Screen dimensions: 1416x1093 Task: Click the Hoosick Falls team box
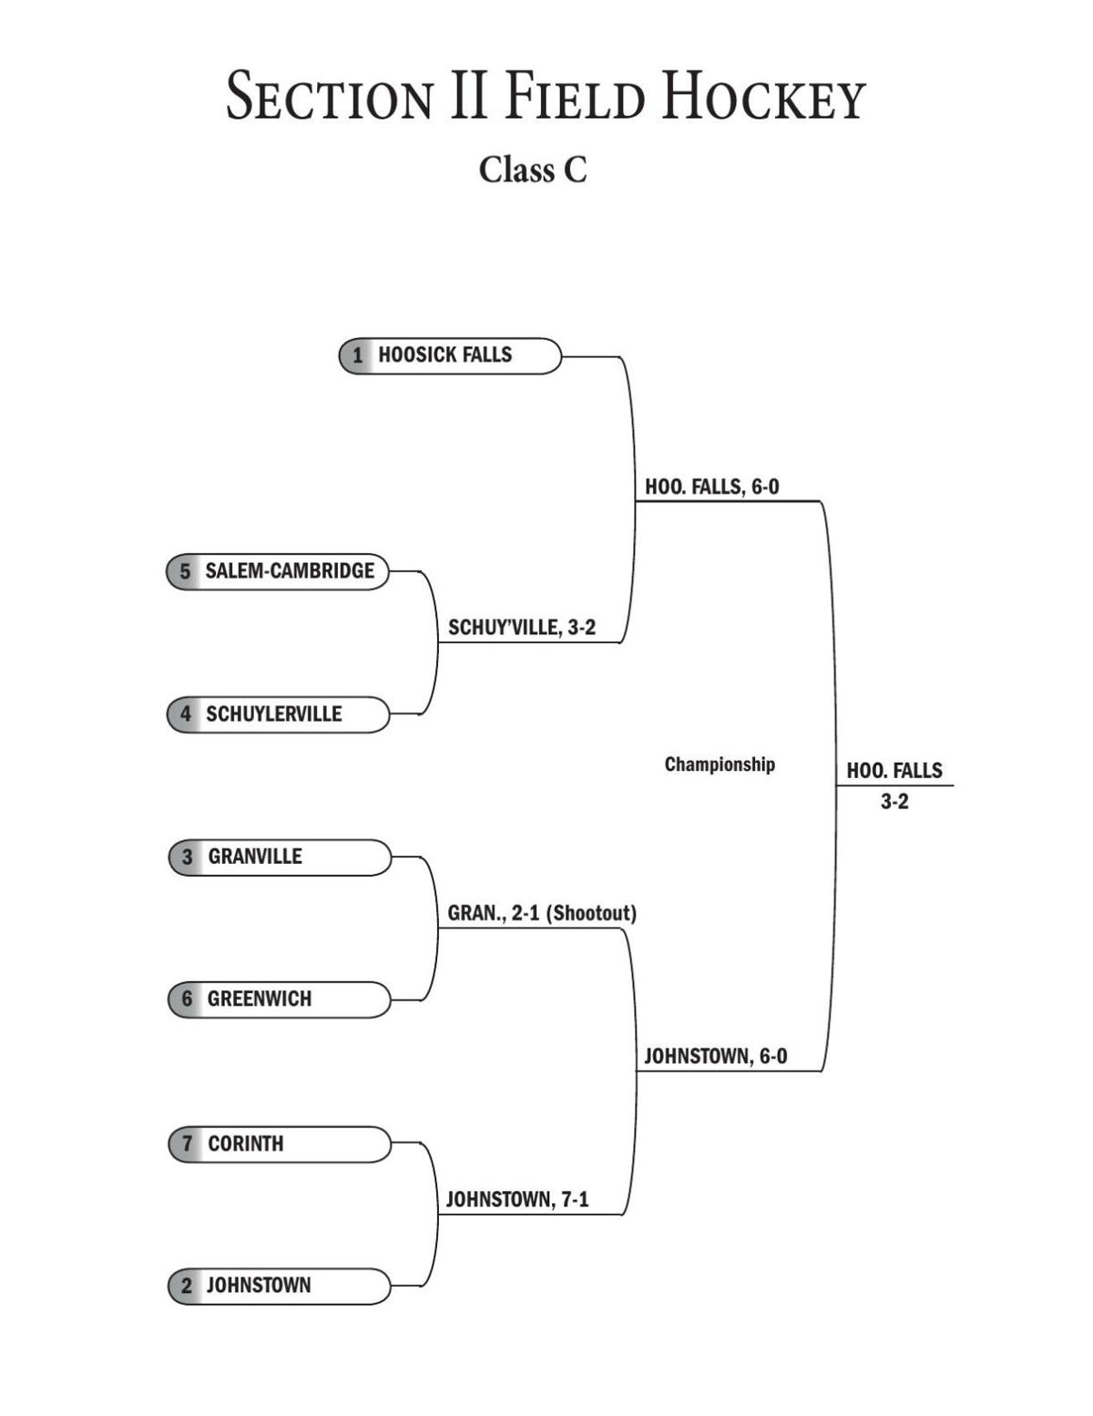click(x=450, y=355)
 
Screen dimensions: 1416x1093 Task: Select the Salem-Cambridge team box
click(x=278, y=571)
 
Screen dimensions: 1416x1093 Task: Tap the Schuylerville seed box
click(x=278, y=714)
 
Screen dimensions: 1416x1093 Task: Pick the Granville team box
click(x=280, y=857)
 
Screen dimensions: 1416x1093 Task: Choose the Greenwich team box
click(x=280, y=1000)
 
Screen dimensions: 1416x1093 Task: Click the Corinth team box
click(x=280, y=1144)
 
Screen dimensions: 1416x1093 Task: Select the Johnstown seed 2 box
click(x=280, y=1286)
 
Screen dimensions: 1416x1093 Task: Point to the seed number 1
click(x=358, y=355)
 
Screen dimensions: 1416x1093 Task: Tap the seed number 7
click(x=188, y=1144)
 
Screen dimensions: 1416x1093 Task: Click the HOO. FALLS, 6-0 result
click(x=711, y=487)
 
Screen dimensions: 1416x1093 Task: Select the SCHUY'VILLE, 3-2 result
click(x=521, y=628)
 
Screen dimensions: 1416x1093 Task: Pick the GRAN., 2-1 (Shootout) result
click(x=541, y=913)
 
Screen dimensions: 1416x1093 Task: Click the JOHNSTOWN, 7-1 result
click(x=516, y=1199)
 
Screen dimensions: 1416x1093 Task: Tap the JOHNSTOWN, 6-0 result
click(x=715, y=1057)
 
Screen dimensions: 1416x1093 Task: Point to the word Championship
click(x=719, y=764)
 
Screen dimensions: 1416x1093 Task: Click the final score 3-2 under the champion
click(x=894, y=802)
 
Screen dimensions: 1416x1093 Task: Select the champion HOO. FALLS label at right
click(x=894, y=771)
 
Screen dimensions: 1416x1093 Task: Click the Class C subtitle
click(x=533, y=169)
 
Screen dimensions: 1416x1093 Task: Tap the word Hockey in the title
click(x=762, y=97)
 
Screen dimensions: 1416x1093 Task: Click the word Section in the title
click(x=329, y=97)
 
